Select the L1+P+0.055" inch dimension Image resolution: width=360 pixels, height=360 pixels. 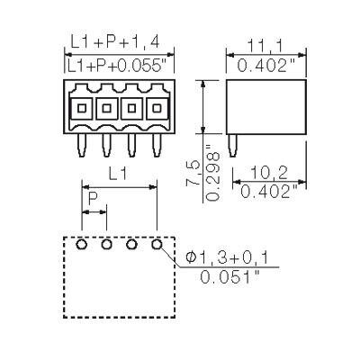click(x=119, y=67)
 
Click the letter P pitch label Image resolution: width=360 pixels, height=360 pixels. click(x=92, y=197)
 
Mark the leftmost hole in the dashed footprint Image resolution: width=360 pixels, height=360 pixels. click(x=82, y=244)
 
